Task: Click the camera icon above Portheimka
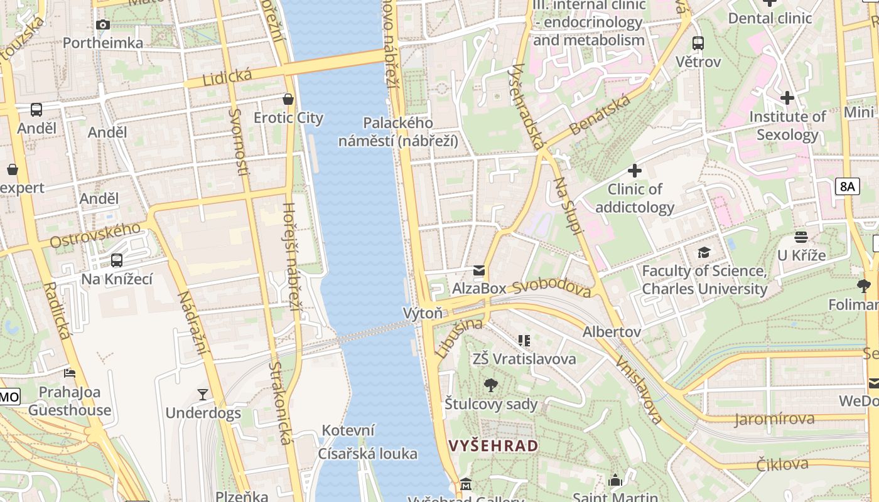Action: [x=103, y=25]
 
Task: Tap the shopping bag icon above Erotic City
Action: [x=288, y=99]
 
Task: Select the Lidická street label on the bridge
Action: [x=227, y=77]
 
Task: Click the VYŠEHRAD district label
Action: [x=493, y=446]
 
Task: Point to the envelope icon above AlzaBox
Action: [x=479, y=270]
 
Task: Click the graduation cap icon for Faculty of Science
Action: [x=704, y=252]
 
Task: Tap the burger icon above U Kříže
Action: [x=801, y=237]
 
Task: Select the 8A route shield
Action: [x=847, y=186]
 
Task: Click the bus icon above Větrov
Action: [x=698, y=43]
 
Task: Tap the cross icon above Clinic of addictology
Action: [x=635, y=170]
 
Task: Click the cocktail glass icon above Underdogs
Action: [x=203, y=394]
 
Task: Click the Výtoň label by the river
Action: [x=423, y=312]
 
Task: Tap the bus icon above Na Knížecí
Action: [x=117, y=260]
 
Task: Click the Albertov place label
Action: [x=612, y=331]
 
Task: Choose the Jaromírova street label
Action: [x=774, y=419]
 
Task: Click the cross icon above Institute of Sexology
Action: [x=787, y=98]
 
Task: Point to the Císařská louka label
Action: [x=367, y=454]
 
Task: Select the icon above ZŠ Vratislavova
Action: [x=524, y=341]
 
